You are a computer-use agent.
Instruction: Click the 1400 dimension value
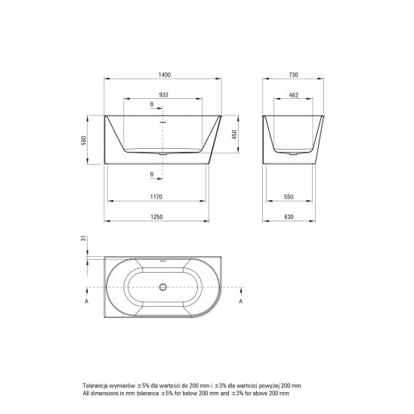point(165,75)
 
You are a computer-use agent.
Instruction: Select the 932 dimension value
point(164,94)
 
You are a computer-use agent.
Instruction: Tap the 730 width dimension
point(293,75)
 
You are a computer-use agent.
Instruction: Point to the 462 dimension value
point(294,95)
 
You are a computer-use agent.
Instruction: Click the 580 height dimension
point(84,141)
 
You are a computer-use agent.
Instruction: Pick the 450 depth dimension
point(234,134)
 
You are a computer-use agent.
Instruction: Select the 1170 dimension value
point(156,196)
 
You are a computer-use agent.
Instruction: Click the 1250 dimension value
point(156,217)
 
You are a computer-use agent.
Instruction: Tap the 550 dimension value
point(289,196)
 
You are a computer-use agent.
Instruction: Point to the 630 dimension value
point(289,217)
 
